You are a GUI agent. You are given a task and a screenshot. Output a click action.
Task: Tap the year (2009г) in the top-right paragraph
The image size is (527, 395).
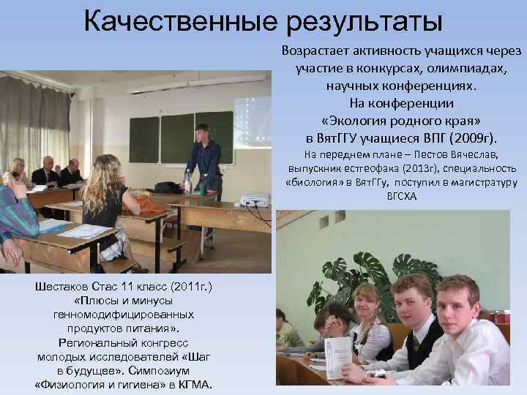coord(472,138)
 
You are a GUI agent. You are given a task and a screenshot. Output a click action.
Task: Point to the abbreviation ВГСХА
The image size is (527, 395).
coord(400,197)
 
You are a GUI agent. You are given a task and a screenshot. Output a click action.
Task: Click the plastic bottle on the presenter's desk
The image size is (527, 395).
coord(187,181)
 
